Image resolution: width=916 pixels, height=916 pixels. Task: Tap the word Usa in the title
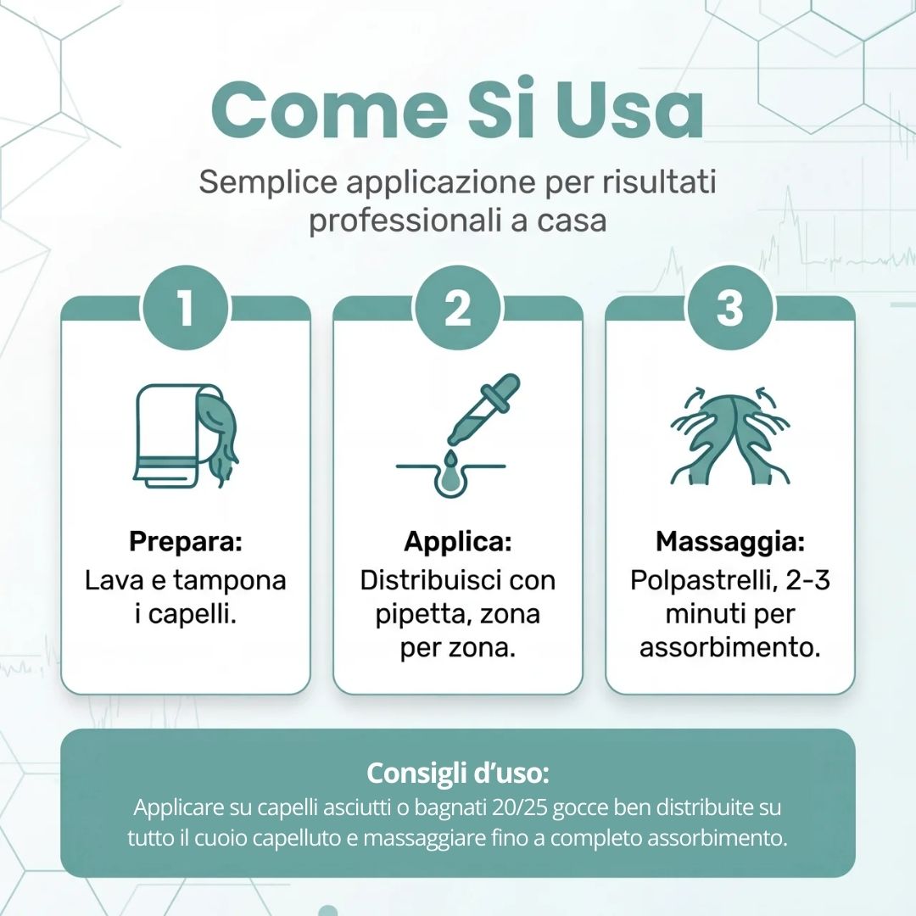[628, 111]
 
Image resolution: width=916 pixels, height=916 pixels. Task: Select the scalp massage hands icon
[729, 433]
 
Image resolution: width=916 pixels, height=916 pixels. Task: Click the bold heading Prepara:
[186, 540]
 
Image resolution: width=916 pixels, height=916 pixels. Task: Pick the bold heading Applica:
[458, 540]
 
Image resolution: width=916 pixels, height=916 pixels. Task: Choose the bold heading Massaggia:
[729, 540]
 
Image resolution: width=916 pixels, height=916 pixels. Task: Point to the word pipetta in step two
[415, 614]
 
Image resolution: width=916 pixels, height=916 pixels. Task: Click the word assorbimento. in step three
[729, 648]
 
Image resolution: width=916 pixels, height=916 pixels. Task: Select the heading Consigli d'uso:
[458, 773]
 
